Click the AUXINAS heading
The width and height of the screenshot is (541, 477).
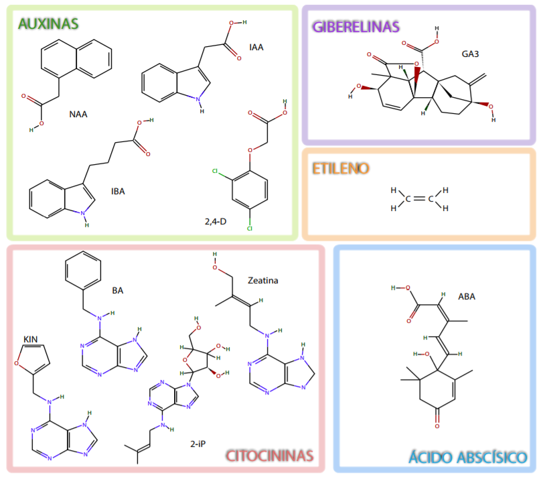pyautogui.click(x=48, y=24)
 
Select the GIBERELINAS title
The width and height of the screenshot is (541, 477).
pyautogui.click(x=356, y=27)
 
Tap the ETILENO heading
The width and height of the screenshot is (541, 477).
pyautogui.click(x=341, y=168)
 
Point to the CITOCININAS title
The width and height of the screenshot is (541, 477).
pyautogui.click(x=270, y=456)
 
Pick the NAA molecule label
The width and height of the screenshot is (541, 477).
pyautogui.click(x=78, y=114)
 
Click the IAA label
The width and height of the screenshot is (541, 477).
pyautogui.click(x=256, y=48)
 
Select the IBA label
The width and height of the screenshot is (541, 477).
pyautogui.click(x=118, y=191)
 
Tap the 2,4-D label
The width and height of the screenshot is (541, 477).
pyautogui.click(x=216, y=220)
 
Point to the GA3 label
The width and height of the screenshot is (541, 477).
pyautogui.click(x=470, y=53)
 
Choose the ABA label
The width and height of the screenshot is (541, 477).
pyautogui.click(x=467, y=296)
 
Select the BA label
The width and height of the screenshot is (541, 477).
pyautogui.click(x=118, y=290)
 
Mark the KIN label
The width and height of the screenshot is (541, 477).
pyautogui.click(x=31, y=338)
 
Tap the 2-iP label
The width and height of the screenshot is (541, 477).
pyautogui.click(x=198, y=443)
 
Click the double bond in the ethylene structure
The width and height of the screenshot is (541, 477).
pyautogui.click(x=418, y=199)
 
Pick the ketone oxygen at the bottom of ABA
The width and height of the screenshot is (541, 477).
pyautogui.click(x=436, y=425)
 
